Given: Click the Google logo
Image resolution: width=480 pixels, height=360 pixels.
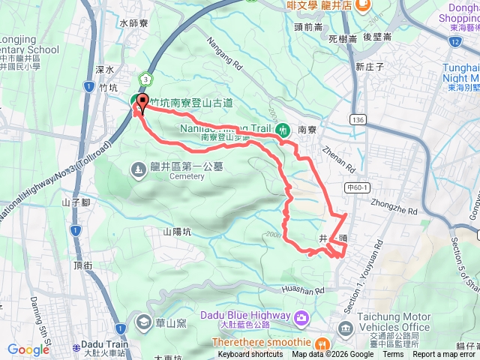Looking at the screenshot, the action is pyautogui.click(x=28, y=349).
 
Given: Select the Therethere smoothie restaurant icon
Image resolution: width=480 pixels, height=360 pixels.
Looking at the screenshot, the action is pyautogui.click(x=322, y=343).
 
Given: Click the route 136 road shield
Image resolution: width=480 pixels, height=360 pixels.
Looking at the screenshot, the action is pyautogui.click(x=358, y=120).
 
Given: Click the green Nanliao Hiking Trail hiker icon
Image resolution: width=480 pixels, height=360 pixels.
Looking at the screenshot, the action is pyautogui.click(x=284, y=129).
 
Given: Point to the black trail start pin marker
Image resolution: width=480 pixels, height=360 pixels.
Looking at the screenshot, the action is pyautogui.click(x=142, y=101).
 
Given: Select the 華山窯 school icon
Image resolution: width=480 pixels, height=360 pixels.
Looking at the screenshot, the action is pyautogui.click(x=142, y=322).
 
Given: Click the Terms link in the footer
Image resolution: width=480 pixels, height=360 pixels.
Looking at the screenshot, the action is pyautogui.click(x=393, y=355).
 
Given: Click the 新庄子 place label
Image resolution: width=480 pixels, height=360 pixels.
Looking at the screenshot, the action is pyautogui.click(x=370, y=66).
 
